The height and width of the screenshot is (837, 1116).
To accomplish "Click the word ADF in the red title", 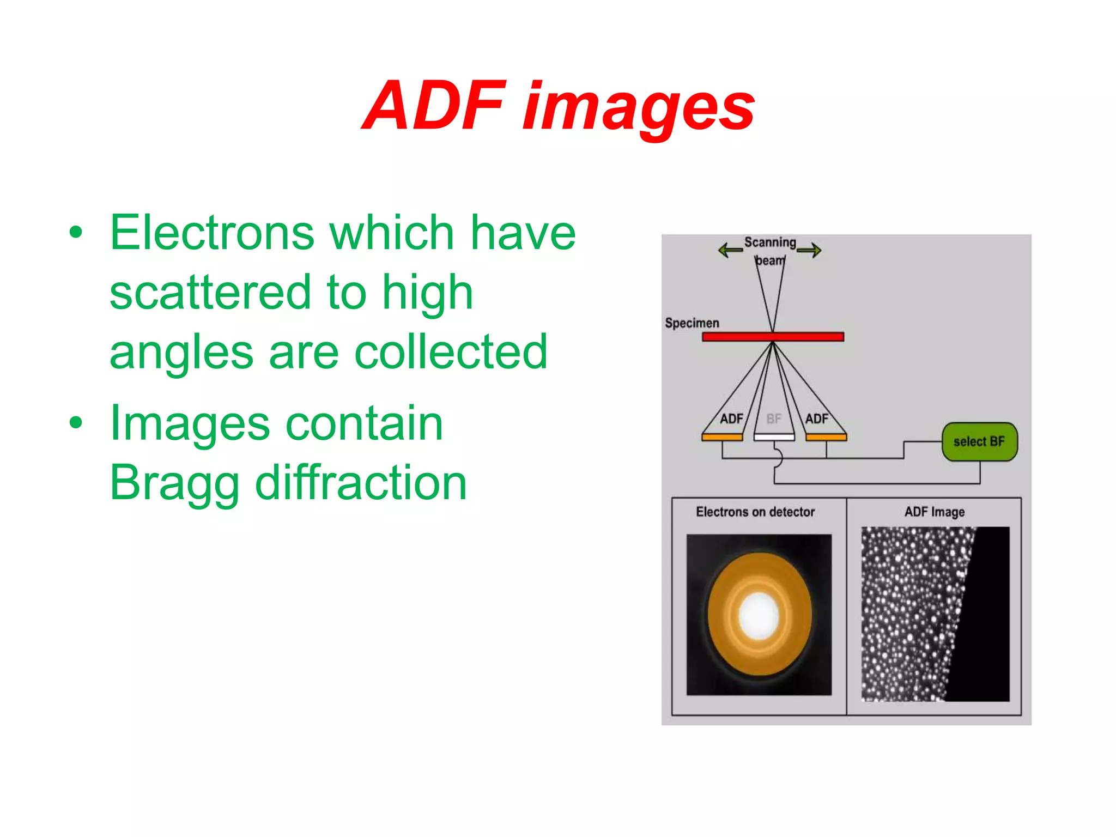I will tap(435, 106).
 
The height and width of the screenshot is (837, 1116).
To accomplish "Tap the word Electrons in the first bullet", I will tap(212, 233).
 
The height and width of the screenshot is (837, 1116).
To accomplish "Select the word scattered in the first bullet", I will tap(210, 293).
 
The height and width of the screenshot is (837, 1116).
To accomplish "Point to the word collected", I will tap(451, 352).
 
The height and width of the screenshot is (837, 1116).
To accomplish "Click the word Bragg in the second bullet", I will tap(174, 484).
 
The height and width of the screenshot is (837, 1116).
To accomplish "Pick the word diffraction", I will tap(361, 483).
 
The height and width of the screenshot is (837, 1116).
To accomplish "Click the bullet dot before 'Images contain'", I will tap(76, 422).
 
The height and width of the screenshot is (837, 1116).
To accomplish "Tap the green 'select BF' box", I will tap(979, 441).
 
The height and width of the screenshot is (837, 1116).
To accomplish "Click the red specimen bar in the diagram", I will tap(773, 337).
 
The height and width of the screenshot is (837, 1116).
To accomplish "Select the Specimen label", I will tap(692, 323).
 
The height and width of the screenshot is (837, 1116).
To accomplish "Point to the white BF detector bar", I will tap(774, 437).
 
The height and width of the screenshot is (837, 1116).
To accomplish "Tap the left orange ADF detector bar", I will tap(722, 437).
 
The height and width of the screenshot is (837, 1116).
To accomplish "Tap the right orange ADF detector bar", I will tap(826, 437).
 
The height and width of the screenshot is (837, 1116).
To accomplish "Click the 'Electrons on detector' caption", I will tap(755, 512).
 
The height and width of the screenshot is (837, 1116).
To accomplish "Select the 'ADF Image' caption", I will tap(935, 512).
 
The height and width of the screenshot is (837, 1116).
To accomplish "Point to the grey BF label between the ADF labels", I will tap(774, 418).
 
